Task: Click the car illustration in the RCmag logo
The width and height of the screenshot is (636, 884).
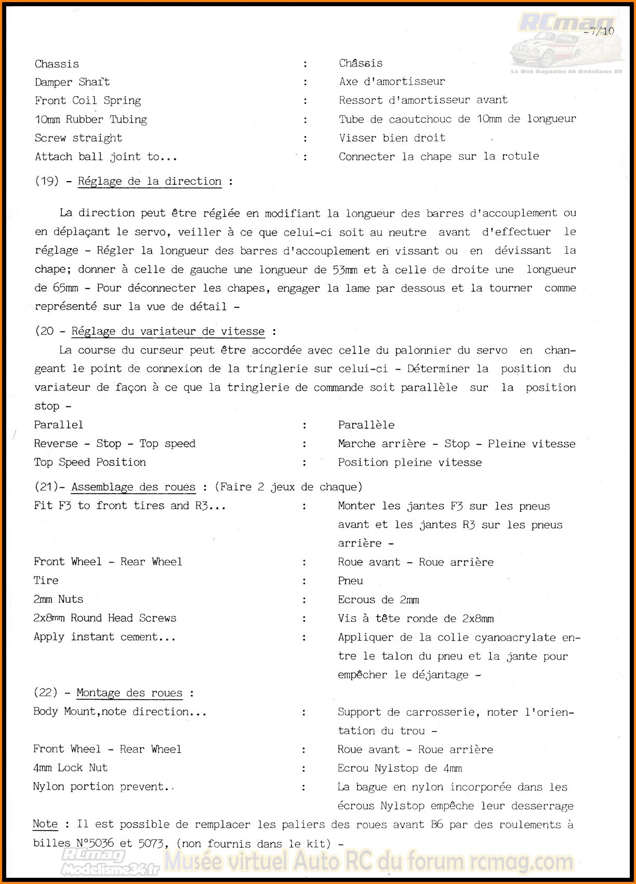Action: [540, 49]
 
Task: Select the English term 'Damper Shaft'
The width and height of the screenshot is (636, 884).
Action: [72, 82]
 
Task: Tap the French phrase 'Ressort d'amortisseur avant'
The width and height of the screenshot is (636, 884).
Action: [423, 100]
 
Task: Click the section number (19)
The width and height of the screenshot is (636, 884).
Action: [47, 181]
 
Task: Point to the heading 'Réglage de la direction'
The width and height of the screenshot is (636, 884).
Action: [150, 181]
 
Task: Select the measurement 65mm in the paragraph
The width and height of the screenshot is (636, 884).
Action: [65, 288]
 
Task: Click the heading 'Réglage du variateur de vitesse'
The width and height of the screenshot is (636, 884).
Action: [168, 331]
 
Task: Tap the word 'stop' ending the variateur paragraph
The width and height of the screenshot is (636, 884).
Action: [47, 406]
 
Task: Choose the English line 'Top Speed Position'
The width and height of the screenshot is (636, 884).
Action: [90, 462]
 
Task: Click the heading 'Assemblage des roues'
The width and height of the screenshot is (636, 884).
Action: [134, 487]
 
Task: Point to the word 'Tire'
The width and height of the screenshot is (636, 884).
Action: [46, 580]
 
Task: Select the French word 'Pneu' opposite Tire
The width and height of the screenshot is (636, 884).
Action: [351, 580]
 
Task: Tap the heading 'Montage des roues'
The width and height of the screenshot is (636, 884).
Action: [129, 693]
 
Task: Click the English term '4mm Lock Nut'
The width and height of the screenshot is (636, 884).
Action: [70, 768]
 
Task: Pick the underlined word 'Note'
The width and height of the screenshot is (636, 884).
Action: [45, 824]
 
